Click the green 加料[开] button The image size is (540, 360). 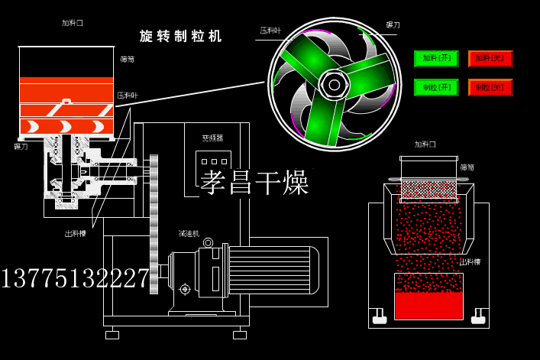click(x=436, y=59)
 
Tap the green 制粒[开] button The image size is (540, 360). click(x=436, y=87)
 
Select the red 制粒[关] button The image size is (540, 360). click(x=490, y=87)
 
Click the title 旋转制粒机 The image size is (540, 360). click(x=180, y=36)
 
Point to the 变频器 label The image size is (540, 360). click(x=212, y=138)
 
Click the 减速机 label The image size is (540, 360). click(x=189, y=234)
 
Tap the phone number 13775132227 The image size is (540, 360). click(x=75, y=278)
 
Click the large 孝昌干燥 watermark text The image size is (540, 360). click(x=254, y=183)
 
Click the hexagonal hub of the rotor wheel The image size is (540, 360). click(x=335, y=84)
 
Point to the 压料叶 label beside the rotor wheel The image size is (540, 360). click(x=270, y=31)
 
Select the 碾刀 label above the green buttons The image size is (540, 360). click(x=393, y=25)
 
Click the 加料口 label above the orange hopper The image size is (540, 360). click(x=73, y=23)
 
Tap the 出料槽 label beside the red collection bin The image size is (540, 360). click(x=470, y=262)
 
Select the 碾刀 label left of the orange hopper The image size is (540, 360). click(x=21, y=146)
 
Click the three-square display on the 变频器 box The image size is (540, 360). click(x=213, y=161)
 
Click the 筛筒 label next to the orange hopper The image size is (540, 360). click(x=127, y=59)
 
